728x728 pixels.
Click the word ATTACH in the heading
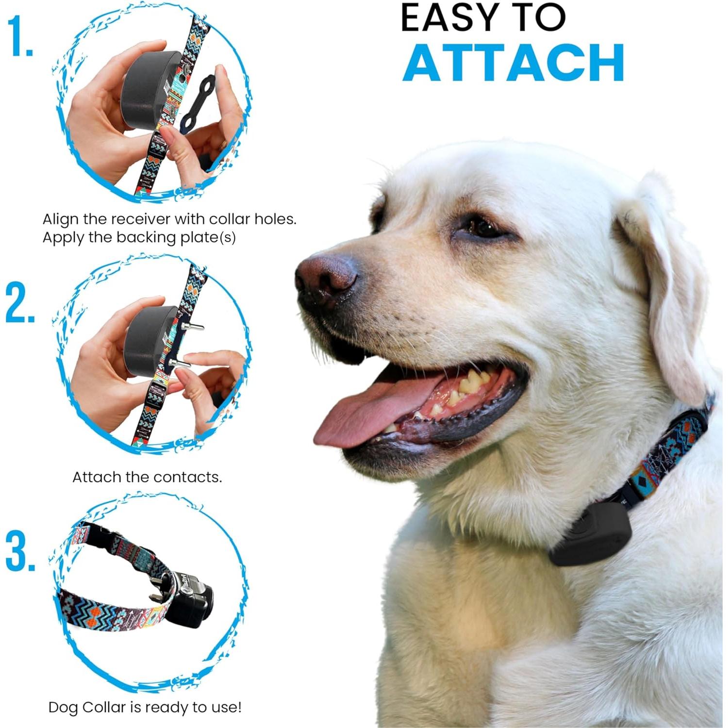click(x=513, y=63)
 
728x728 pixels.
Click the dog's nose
click(x=327, y=277)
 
